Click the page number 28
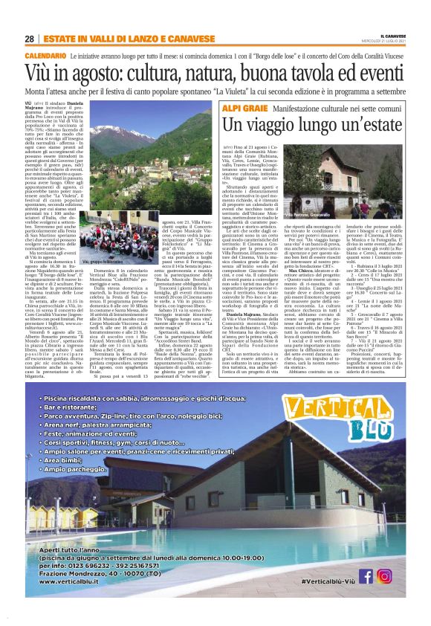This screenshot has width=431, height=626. (29, 39)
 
